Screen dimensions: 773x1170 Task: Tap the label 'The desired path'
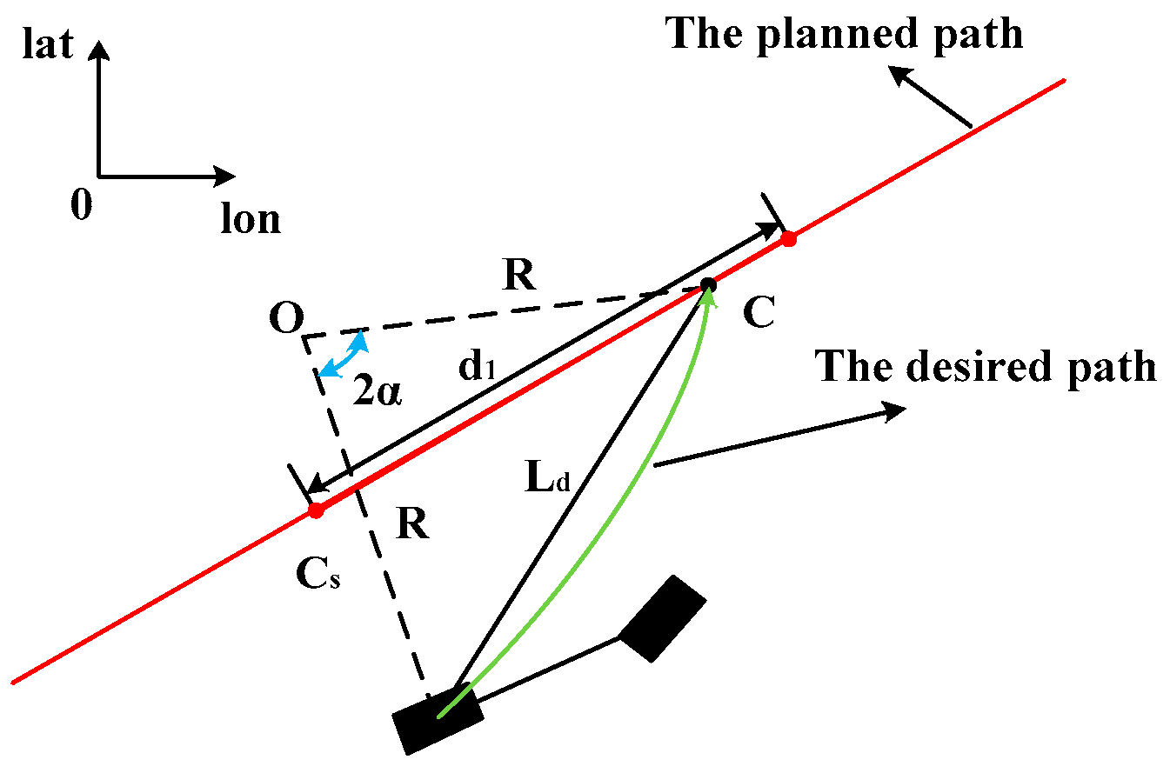point(986,367)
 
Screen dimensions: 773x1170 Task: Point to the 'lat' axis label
point(47,45)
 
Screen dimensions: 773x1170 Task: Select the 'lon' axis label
point(251,219)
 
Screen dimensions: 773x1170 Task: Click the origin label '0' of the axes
point(82,207)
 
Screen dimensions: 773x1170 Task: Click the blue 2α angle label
point(377,393)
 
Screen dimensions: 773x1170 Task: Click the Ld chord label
point(547,479)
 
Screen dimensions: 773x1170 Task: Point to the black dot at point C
point(708,284)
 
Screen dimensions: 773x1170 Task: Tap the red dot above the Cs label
point(316,510)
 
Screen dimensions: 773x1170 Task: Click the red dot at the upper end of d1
point(788,238)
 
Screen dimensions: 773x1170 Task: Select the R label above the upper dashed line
point(519,277)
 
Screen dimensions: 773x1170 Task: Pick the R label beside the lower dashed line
point(412,525)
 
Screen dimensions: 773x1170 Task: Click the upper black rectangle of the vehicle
point(662,618)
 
